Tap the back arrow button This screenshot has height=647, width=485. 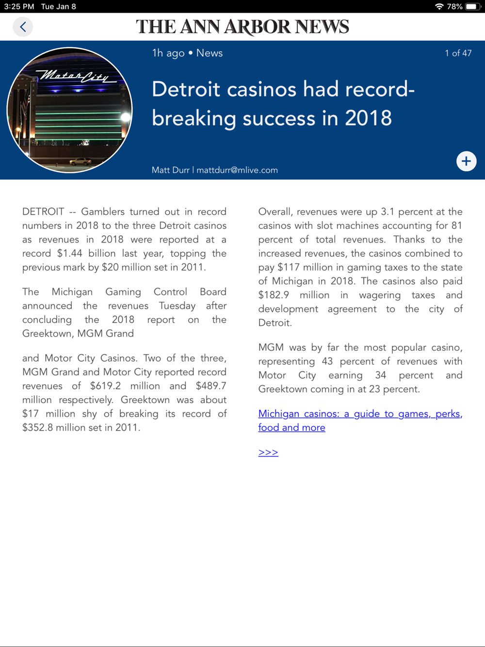click(x=23, y=27)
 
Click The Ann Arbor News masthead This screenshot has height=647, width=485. click(x=242, y=27)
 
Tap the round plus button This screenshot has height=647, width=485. click(x=466, y=161)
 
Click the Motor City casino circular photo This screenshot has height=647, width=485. click(x=70, y=110)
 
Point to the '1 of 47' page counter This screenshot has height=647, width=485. click(x=458, y=53)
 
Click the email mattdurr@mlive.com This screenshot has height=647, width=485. click(x=237, y=170)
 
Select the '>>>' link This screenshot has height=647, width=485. click(x=268, y=453)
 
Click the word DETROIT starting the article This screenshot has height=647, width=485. click(x=43, y=212)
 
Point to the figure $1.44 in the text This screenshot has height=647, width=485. click(x=69, y=254)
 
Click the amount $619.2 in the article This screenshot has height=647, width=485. click(x=105, y=386)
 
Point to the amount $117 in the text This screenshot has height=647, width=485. click(x=288, y=268)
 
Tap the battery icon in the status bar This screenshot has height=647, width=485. click(x=472, y=7)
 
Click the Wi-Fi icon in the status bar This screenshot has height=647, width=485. click(x=439, y=7)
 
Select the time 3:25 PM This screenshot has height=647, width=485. click(x=19, y=7)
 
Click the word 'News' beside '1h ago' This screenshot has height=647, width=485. click(x=210, y=53)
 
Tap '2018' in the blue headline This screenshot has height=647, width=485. click(x=368, y=118)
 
